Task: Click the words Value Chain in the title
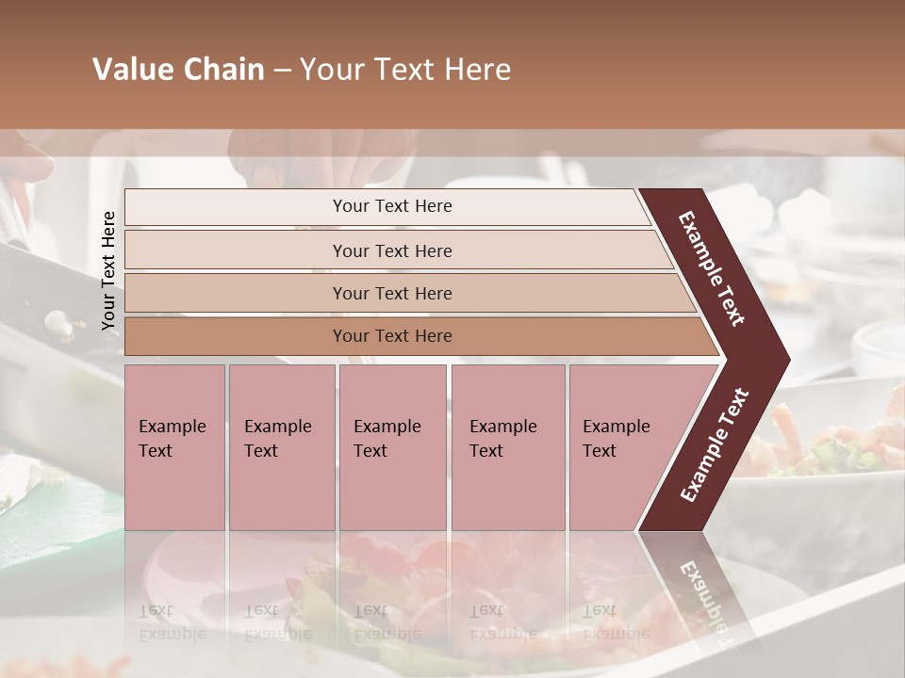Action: coord(178,70)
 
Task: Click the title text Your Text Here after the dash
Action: coord(405,70)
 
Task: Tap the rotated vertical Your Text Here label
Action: coord(108,270)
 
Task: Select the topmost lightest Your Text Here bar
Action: coord(392,206)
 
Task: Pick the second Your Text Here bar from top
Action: coord(392,250)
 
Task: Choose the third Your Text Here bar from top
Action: coord(392,293)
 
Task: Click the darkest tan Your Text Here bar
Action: coord(392,336)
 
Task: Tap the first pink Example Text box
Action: coord(174,446)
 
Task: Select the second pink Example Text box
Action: coord(281,446)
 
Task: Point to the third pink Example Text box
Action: coord(391,446)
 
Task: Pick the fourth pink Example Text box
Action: coord(507,446)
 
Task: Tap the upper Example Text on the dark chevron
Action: coord(712,268)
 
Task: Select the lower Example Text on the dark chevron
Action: coord(714,445)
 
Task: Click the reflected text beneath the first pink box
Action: coord(172,622)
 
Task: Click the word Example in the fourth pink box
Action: coord(502,427)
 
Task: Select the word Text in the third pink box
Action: coord(370,451)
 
